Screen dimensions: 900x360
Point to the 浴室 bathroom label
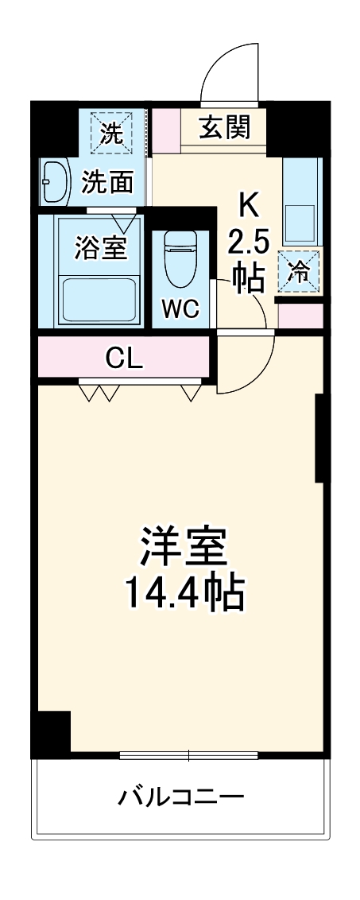pos(100,247)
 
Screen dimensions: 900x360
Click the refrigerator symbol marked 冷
pos(300,270)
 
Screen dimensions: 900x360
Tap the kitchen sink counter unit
pos(302,203)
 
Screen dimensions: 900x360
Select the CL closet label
pos(124,359)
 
